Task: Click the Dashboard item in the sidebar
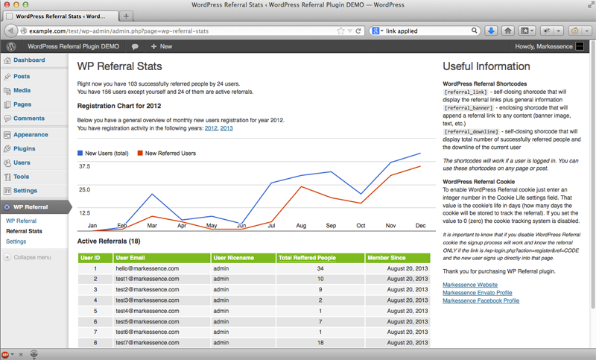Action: coord(29,60)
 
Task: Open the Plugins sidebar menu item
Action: coord(25,148)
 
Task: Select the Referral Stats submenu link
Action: coord(24,231)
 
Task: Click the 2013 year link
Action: coord(226,128)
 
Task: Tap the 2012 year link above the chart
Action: coord(211,128)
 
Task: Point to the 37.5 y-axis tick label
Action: coord(84,166)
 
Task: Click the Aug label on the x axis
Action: coord(301,225)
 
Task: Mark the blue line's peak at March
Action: coord(152,194)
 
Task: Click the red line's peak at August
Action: coord(302,186)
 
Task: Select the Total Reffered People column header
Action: coord(307,258)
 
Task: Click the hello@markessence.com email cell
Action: coord(147,268)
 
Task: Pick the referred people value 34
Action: coord(320,268)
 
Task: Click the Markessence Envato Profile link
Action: coord(478,293)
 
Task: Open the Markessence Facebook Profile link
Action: coord(481,300)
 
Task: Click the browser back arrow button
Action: coord(10,31)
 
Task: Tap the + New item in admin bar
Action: coord(162,46)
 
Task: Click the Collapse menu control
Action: coord(28,257)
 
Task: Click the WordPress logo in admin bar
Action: coord(11,46)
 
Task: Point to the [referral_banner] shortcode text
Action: coord(469,108)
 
